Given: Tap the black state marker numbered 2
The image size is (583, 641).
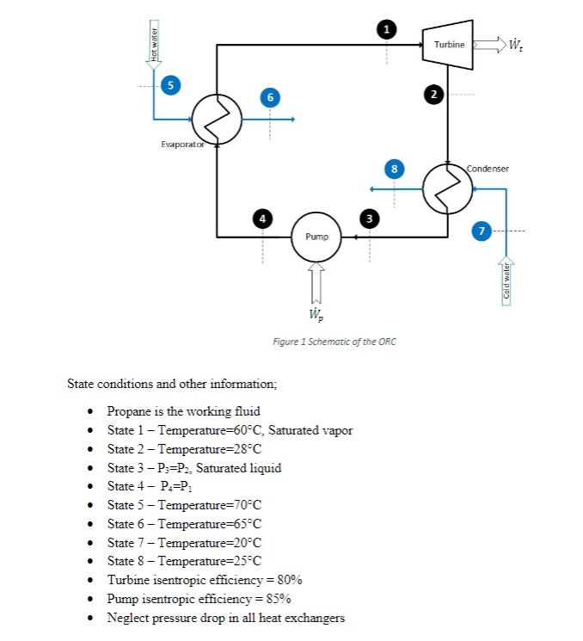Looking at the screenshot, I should tap(435, 93).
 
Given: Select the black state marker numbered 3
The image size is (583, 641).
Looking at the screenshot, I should tap(370, 219).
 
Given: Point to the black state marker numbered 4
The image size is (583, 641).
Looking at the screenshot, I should tap(263, 219).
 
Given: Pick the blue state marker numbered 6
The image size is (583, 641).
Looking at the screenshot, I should tap(270, 98).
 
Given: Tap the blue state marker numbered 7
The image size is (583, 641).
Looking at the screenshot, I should tap(482, 231).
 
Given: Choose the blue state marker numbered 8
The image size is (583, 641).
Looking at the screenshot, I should tap(394, 168).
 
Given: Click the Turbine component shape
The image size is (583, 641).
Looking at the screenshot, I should tap(448, 43).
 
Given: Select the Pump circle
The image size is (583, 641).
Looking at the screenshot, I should tap(316, 235).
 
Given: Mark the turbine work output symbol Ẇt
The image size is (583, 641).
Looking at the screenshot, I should tap(518, 44).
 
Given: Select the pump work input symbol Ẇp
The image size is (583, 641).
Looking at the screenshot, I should tap(316, 311).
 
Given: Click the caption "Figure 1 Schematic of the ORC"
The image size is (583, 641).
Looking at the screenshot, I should tap(334, 342).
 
